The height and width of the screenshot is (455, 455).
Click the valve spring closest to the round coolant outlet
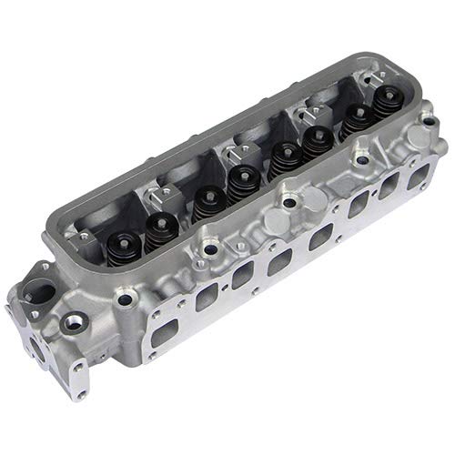pyautogui.click(x=121, y=244)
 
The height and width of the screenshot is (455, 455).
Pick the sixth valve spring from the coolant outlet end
pyautogui.click(x=318, y=140)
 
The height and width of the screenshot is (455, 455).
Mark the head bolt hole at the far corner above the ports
pyautogui.click(x=427, y=119)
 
